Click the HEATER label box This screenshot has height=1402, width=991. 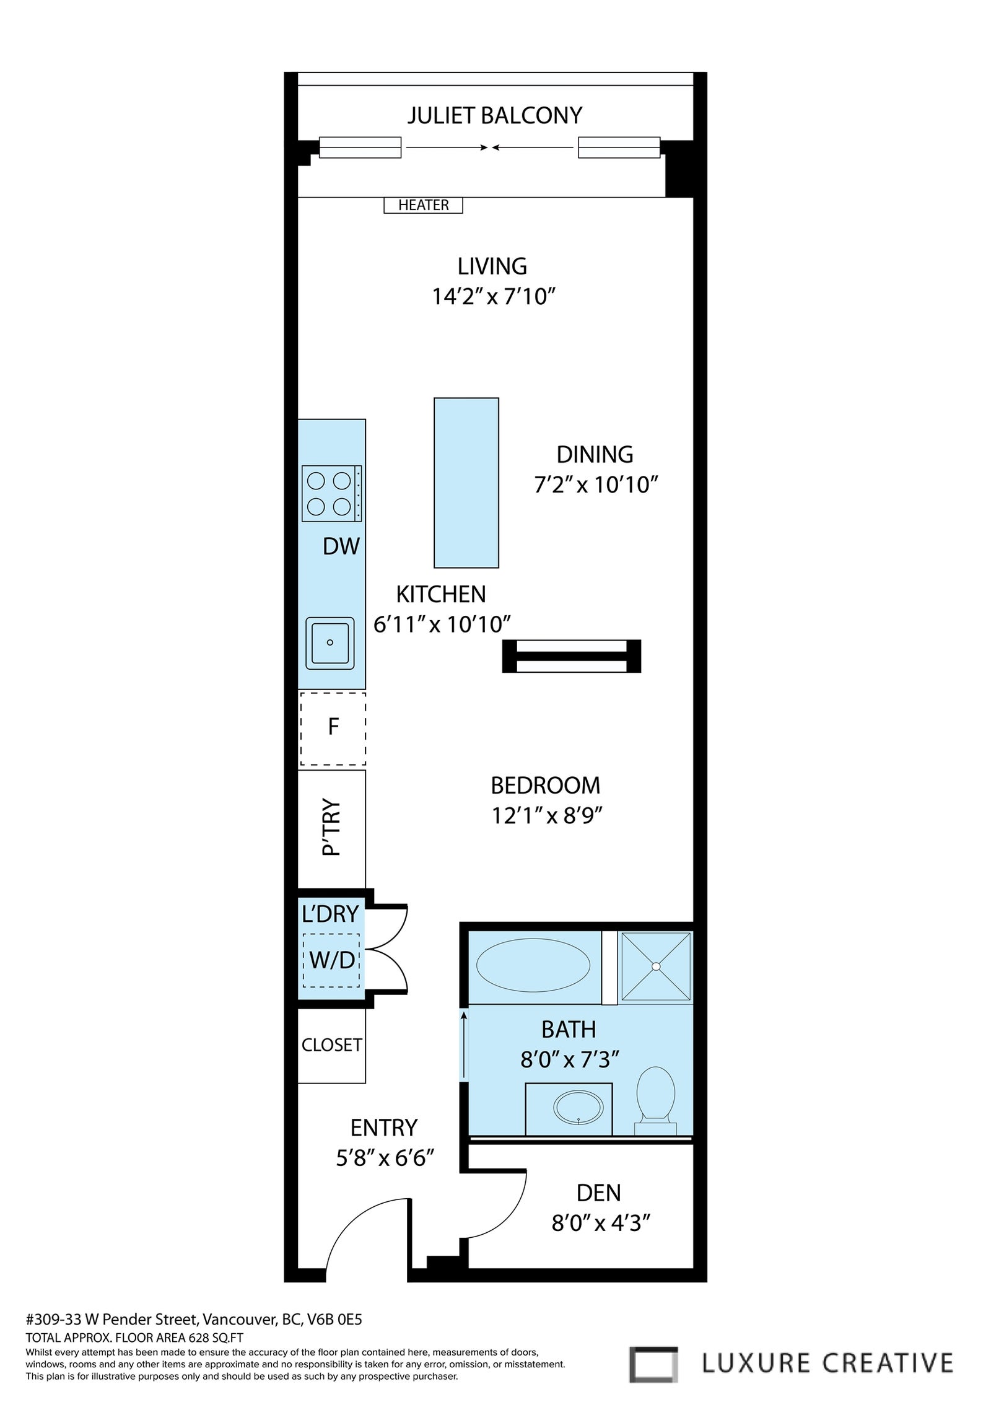pyautogui.click(x=423, y=205)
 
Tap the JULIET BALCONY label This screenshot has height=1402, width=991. pyautogui.click(x=495, y=115)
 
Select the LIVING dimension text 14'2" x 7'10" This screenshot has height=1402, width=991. pyautogui.click(x=492, y=297)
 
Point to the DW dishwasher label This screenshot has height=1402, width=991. pyautogui.click(x=341, y=546)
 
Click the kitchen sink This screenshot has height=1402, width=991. pyautogui.click(x=330, y=642)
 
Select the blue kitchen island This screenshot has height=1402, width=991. pyautogui.click(x=466, y=483)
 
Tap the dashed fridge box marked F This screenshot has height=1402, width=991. pyautogui.click(x=333, y=729)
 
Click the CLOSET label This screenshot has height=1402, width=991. pyautogui.click(x=331, y=1045)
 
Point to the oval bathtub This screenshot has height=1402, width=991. pyautogui.click(x=533, y=966)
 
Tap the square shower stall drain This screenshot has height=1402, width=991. pyautogui.click(x=656, y=966)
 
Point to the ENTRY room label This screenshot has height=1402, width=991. pyautogui.click(x=384, y=1128)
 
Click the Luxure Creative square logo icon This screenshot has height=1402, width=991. pyautogui.click(x=653, y=1360)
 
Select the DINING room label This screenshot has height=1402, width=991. pyautogui.click(x=595, y=454)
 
